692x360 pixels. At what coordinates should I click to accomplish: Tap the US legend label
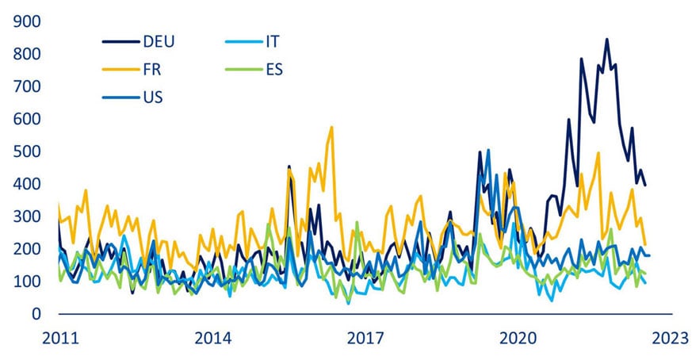click(154, 98)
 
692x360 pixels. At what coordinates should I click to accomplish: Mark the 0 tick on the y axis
click(36, 314)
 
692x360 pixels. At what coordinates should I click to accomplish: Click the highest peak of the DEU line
click(607, 39)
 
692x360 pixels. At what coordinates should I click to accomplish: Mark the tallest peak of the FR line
click(331, 127)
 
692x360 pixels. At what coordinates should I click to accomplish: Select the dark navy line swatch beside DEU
click(120, 41)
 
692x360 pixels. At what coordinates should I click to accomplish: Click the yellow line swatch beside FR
click(120, 70)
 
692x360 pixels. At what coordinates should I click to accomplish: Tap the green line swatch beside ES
click(233, 70)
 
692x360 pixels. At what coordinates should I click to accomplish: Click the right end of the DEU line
click(645, 185)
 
